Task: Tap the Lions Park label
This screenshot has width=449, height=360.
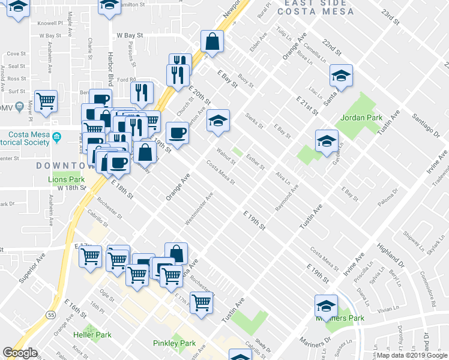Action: pyautogui.click(x=66, y=179)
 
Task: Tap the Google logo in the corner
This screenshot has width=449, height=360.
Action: pyautogui.click(x=20, y=353)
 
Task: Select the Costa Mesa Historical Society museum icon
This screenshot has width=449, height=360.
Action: pyautogui.click(x=57, y=136)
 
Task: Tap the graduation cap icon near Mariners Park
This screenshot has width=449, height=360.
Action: pyautogui.click(x=326, y=305)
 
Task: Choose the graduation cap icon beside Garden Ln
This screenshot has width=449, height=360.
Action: pyautogui.click(x=327, y=141)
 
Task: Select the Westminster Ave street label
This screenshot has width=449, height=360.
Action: pyautogui.click(x=199, y=209)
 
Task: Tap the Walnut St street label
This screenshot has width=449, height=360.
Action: pyautogui.click(x=226, y=155)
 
